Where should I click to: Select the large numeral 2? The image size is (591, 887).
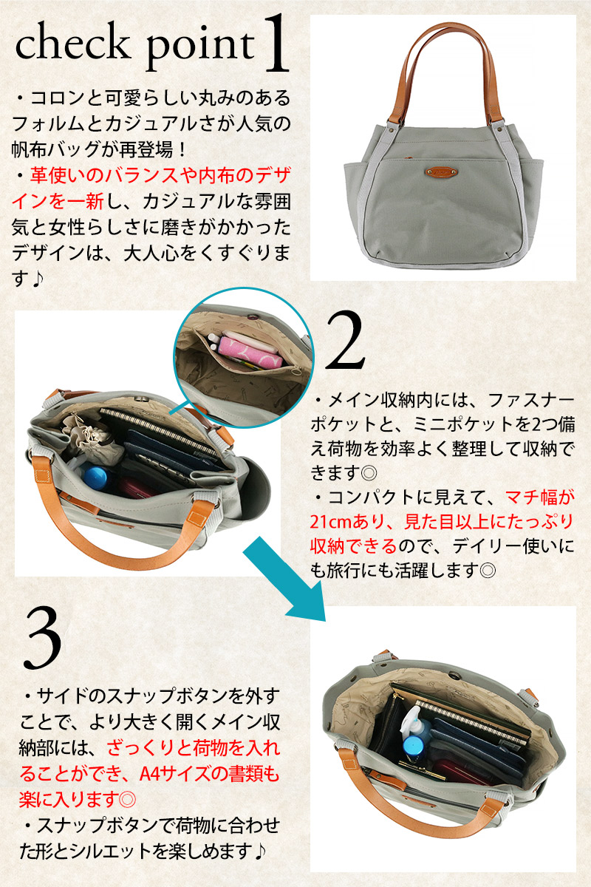(x=344, y=341)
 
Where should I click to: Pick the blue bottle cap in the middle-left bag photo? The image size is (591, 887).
(x=95, y=478)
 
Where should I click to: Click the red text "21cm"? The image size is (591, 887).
(x=330, y=523)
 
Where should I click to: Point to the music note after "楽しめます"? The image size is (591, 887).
(x=260, y=852)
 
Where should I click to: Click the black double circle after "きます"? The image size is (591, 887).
(x=369, y=473)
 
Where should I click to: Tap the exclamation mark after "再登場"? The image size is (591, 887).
(x=182, y=149)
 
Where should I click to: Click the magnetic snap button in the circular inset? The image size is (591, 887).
(x=250, y=317)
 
